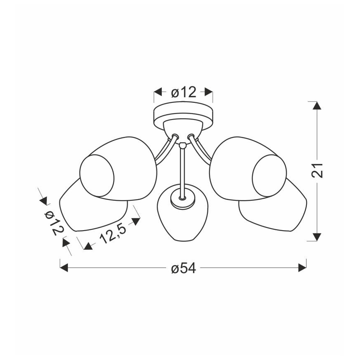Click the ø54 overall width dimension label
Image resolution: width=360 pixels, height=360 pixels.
tap(183, 268)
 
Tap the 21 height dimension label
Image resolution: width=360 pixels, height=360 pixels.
tap(317, 170)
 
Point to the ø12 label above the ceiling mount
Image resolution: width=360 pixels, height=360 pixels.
tap(184, 92)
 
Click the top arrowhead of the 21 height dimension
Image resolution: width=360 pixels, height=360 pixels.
tap(317, 105)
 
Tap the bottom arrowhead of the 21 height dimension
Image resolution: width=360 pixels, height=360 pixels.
tap(317, 237)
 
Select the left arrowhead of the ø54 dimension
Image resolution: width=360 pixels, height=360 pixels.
tap(64, 268)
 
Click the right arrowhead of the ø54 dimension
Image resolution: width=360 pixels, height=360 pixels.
tap(302, 268)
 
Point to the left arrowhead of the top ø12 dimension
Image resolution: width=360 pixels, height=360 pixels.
tap(158, 92)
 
